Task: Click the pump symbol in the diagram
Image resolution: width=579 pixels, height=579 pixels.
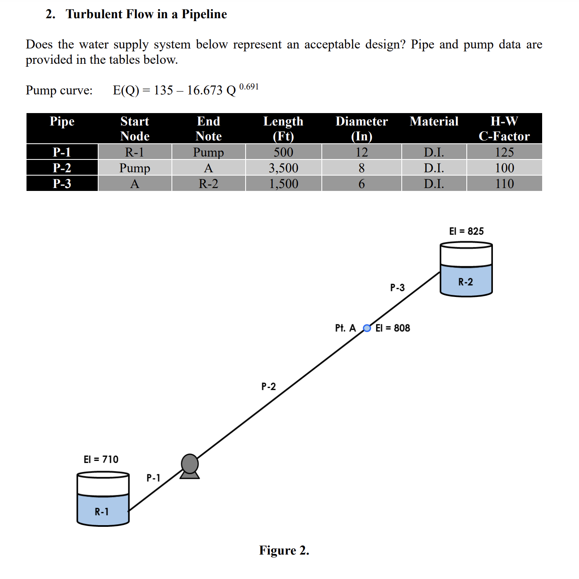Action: (190, 466)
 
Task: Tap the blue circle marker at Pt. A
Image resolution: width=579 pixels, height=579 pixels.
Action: (367, 328)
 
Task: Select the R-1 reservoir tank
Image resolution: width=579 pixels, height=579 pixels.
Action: (103, 499)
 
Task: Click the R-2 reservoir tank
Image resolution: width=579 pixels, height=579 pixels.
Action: (466, 270)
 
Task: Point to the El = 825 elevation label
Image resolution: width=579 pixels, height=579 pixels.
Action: (466, 231)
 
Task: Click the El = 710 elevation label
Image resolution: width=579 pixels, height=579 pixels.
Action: (101, 459)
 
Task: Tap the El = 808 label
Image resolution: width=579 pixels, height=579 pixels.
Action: (393, 328)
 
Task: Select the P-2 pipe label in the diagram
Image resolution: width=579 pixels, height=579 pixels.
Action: (268, 386)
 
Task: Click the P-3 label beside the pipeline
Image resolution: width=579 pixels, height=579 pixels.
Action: (397, 287)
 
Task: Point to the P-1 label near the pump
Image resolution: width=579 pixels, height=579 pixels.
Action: (153, 478)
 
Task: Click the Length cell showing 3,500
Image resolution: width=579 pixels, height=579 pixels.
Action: (283, 168)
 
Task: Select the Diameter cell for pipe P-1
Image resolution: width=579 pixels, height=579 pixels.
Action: (362, 152)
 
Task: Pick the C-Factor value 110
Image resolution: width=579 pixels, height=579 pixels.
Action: (504, 183)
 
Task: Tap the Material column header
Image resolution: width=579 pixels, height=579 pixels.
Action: (434, 121)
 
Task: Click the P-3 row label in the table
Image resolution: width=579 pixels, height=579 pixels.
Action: (62, 183)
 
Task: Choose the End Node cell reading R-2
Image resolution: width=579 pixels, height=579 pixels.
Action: (208, 183)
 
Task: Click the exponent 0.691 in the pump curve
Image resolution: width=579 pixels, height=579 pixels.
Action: (249, 87)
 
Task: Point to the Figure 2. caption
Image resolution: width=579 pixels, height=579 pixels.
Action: (284, 550)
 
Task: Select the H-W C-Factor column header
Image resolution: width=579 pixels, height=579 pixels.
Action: (504, 128)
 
